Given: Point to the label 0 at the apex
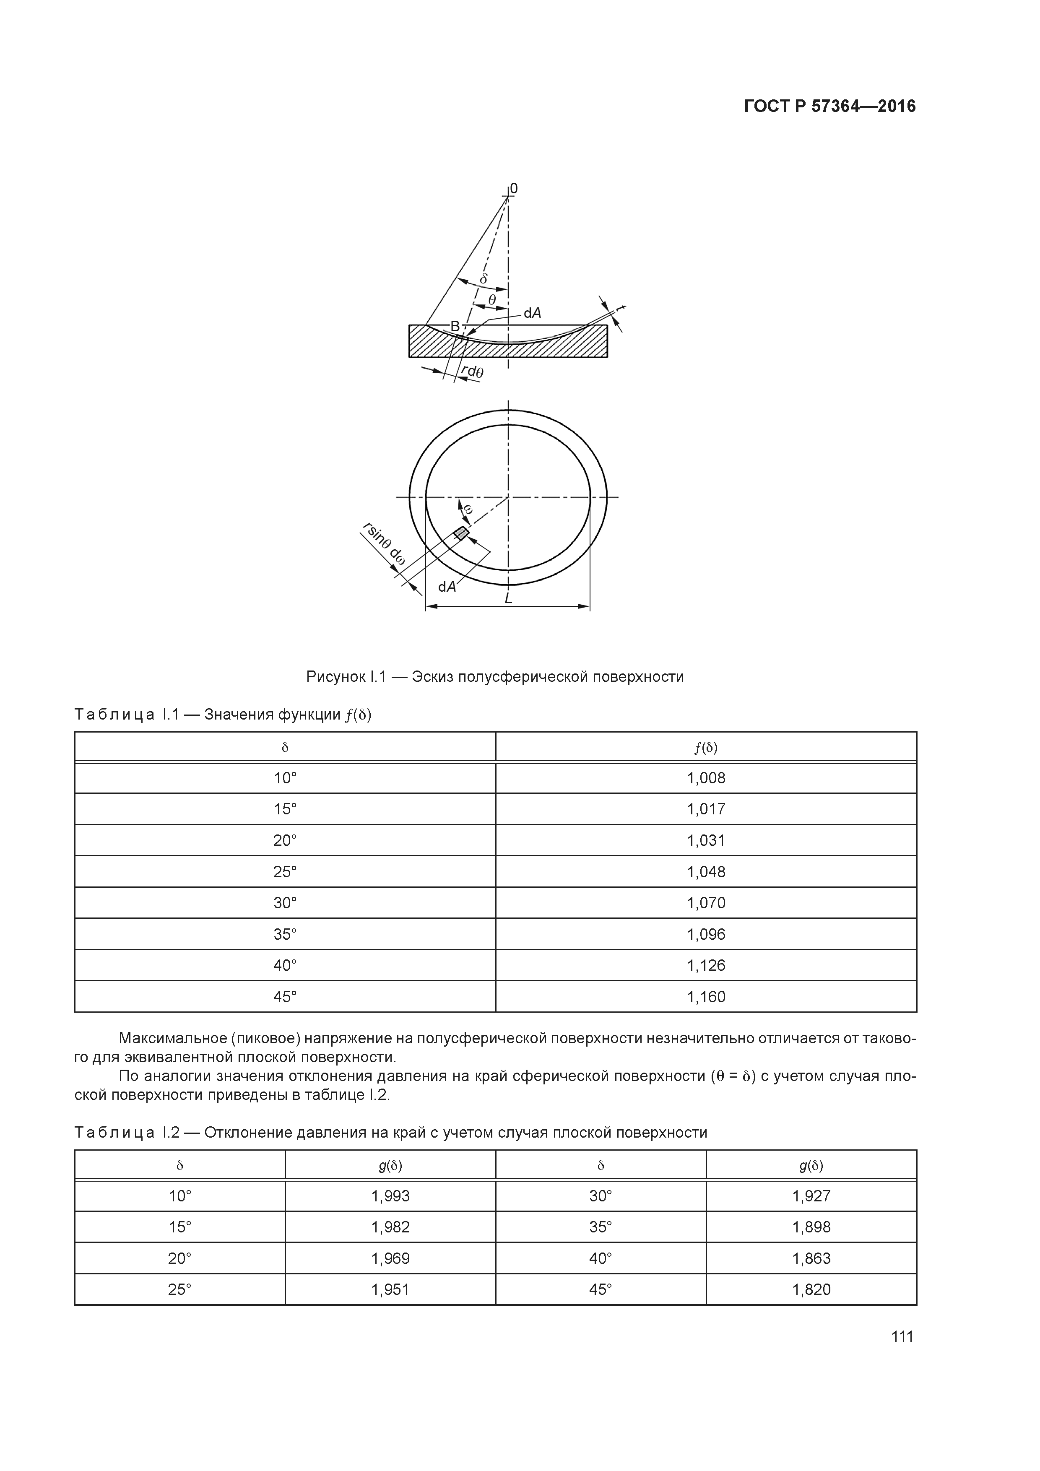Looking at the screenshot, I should (514, 188).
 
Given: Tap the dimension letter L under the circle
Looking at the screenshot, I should (508, 598).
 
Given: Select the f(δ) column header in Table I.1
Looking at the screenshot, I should (706, 747).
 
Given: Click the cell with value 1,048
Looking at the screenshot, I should (706, 871).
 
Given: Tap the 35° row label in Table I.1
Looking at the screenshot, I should (285, 934).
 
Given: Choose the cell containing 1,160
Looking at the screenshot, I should (706, 996).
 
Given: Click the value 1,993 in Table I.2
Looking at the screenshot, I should (390, 1196).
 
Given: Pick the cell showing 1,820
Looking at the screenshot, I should (811, 1289).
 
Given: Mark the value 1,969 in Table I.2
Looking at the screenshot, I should (390, 1258).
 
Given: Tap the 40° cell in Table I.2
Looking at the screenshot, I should (601, 1258).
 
